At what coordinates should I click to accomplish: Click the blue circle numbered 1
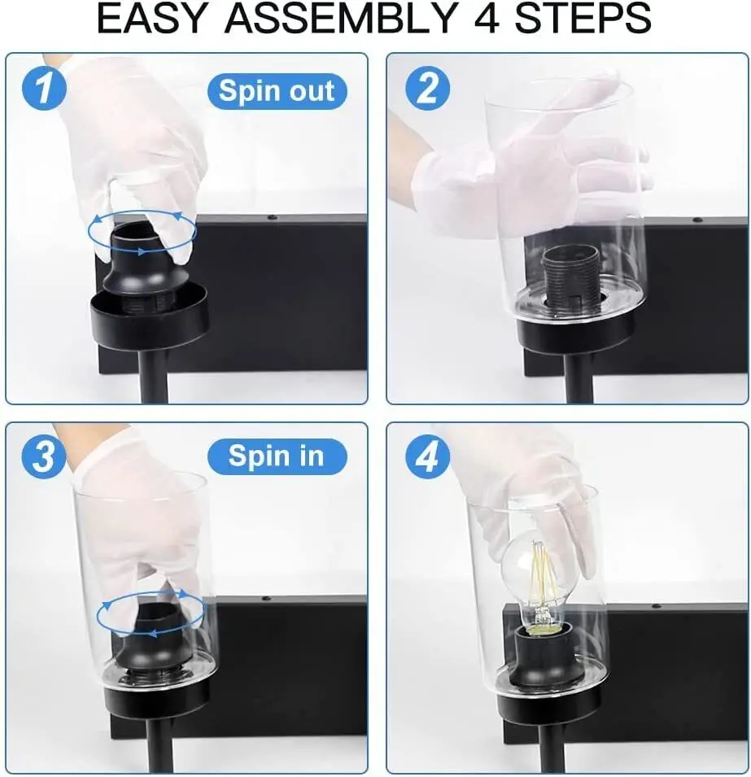44,89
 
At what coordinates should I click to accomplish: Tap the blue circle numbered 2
427,89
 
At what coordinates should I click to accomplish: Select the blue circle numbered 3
44,456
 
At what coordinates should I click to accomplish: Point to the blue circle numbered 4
427,456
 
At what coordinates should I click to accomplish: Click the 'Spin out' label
277,91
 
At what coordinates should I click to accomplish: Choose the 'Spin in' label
277,456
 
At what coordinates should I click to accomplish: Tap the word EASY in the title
151,19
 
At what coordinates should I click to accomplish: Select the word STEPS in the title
583,19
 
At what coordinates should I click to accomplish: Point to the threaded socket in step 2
569,280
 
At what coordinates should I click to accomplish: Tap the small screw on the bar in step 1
271,217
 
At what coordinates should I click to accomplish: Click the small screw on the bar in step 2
697,219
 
